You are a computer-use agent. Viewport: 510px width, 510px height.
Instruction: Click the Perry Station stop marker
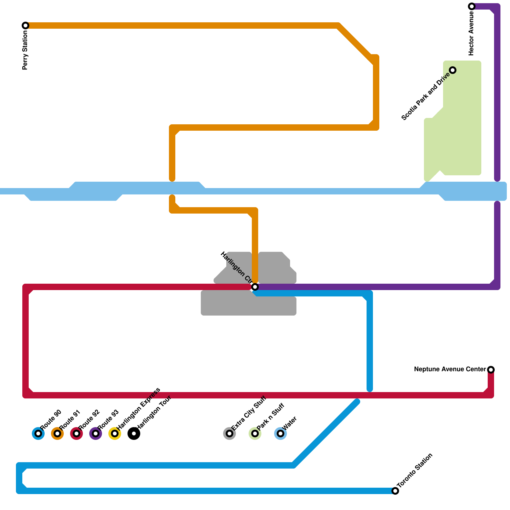[x=25, y=25]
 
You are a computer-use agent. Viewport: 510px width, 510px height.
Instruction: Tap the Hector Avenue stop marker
[x=472, y=6]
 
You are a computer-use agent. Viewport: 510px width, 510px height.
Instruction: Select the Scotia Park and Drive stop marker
[x=453, y=70]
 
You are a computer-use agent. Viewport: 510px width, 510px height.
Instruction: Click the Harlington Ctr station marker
[x=255, y=287]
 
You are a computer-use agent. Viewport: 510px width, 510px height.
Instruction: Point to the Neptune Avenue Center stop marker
[x=491, y=370]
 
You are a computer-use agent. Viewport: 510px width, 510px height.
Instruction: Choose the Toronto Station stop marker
[x=395, y=491]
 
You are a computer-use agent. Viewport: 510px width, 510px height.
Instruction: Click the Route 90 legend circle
[x=38, y=433]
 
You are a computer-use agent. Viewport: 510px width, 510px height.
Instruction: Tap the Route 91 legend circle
[x=57, y=433]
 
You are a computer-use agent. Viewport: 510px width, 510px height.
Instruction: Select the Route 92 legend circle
[x=76, y=433]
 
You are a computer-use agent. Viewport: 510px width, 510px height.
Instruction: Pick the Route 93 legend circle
[x=96, y=433]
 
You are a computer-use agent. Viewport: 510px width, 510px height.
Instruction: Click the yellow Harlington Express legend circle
[x=115, y=433]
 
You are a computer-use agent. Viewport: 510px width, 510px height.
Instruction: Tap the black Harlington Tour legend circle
[x=134, y=433]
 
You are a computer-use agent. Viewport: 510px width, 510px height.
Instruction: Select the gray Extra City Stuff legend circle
[x=229, y=433]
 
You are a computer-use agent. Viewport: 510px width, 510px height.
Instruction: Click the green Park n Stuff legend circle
[x=255, y=433]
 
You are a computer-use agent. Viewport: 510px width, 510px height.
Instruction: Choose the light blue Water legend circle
[x=280, y=433]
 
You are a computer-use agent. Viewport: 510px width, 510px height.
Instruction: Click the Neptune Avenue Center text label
[x=450, y=369]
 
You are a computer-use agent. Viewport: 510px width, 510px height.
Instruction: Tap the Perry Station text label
[x=25, y=50]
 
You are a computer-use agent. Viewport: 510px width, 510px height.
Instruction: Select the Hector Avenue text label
[x=471, y=33]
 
